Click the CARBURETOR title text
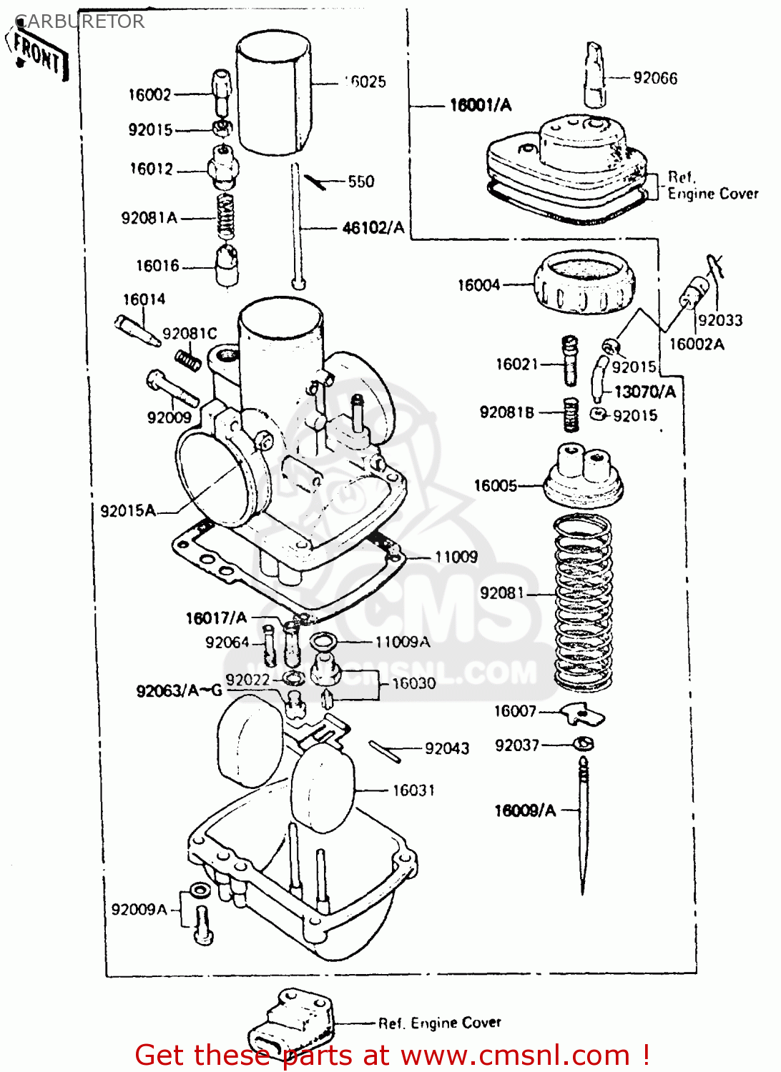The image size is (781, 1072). click(79, 21)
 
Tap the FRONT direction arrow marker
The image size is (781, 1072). click(40, 54)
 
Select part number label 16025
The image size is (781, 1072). click(366, 82)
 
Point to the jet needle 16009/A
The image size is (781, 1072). click(583, 829)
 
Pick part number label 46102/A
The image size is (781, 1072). click(373, 228)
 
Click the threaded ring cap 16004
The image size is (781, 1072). click(584, 283)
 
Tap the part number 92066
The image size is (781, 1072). click(655, 78)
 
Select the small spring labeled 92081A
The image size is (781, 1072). click(226, 217)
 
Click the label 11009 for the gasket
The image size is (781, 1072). click(456, 557)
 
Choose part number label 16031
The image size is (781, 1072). click(413, 790)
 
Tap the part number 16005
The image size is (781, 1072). click(495, 486)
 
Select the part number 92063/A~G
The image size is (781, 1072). click(179, 691)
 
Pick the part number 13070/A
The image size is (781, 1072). click(644, 392)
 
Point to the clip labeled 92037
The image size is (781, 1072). click(584, 745)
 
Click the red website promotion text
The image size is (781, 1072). click(392, 1055)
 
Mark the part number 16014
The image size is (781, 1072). click(144, 299)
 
